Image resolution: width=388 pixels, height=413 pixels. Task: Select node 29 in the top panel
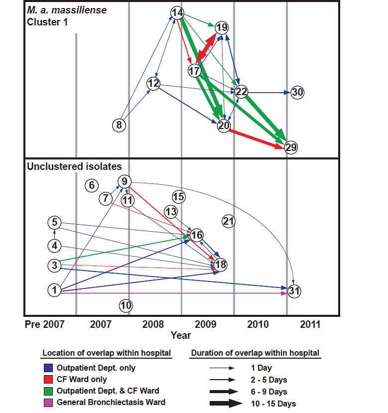(x=291, y=147)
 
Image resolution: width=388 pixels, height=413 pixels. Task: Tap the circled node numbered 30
(x=297, y=92)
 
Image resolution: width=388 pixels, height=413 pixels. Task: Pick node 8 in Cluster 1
(x=119, y=125)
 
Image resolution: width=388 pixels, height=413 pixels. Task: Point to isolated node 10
(x=127, y=304)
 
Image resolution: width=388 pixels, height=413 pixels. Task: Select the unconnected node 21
(x=228, y=221)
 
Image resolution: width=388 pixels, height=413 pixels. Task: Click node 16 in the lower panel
(x=197, y=235)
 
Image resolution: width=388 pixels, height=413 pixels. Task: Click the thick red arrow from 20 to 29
(x=257, y=137)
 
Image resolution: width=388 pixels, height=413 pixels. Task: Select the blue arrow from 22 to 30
(x=269, y=92)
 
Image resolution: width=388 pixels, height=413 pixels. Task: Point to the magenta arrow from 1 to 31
(x=174, y=293)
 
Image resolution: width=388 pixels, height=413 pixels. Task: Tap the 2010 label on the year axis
(x=258, y=325)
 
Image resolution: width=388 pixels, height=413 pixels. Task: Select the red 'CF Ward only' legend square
(x=47, y=380)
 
